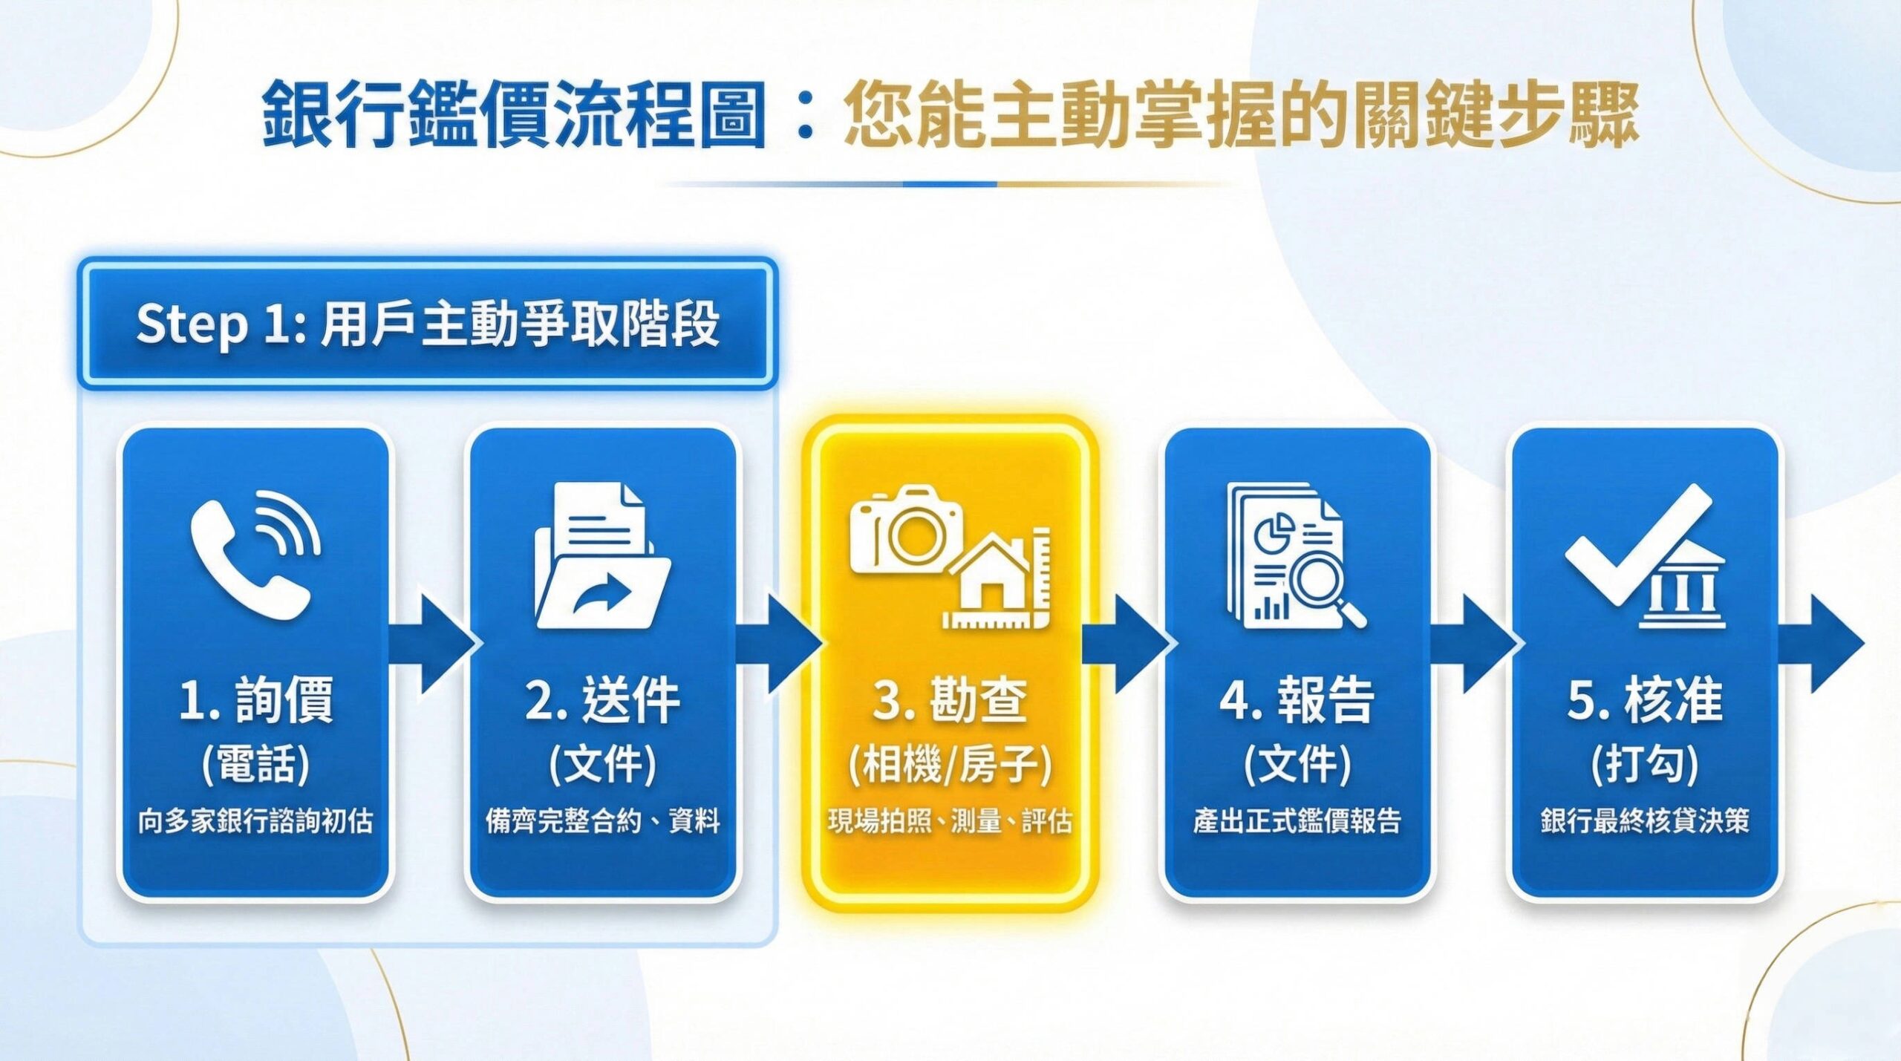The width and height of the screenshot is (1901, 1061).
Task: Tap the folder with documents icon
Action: (x=602, y=555)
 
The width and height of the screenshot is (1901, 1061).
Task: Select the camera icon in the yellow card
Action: (x=906, y=529)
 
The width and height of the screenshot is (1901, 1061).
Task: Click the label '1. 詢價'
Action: (x=256, y=700)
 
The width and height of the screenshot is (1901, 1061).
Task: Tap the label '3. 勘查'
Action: (x=950, y=700)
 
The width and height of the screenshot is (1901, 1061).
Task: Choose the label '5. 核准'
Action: (x=1645, y=700)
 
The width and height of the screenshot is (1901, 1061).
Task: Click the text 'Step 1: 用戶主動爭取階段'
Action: (x=428, y=324)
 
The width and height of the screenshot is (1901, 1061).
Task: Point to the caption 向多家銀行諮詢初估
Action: (x=256, y=821)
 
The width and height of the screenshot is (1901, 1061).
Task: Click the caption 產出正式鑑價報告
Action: (x=1297, y=821)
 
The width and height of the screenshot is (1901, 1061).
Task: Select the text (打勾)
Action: (x=1645, y=764)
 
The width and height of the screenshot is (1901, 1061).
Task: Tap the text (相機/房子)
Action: (x=950, y=764)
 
